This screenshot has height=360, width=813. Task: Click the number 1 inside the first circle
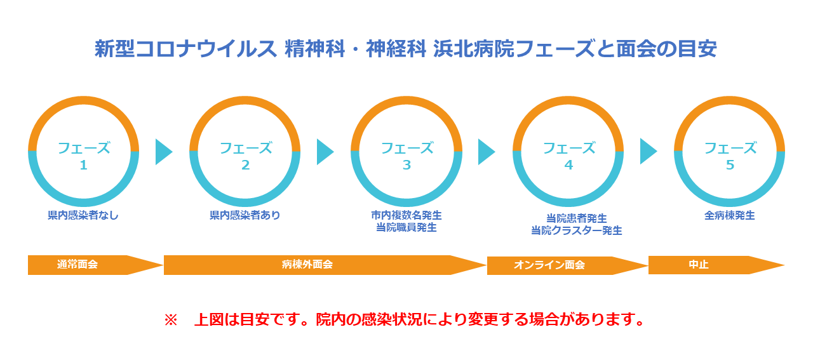(83, 165)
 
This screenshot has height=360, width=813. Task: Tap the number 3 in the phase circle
(406, 165)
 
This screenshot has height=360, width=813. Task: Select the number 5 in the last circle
(730, 165)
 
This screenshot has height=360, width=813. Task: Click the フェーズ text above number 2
(246, 148)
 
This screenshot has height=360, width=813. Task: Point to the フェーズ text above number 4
(568, 148)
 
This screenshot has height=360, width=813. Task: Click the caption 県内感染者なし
(83, 215)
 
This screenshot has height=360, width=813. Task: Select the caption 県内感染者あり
(245, 215)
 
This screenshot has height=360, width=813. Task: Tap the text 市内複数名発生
(406, 215)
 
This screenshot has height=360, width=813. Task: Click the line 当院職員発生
(406, 227)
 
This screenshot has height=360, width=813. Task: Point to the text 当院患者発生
(577, 218)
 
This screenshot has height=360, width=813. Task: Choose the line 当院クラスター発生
(577, 230)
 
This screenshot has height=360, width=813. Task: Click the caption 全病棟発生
(730, 216)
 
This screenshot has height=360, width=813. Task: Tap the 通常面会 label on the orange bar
(77, 264)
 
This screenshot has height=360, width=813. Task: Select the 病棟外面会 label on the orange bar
(307, 264)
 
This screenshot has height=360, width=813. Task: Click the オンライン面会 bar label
(549, 265)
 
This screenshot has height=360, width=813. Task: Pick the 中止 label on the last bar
(699, 265)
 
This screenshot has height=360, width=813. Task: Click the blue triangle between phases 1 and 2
(163, 152)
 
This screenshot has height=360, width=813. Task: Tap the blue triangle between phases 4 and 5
(647, 151)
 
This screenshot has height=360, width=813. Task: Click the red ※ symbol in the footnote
(171, 320)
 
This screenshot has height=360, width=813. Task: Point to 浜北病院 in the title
(474, 49)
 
